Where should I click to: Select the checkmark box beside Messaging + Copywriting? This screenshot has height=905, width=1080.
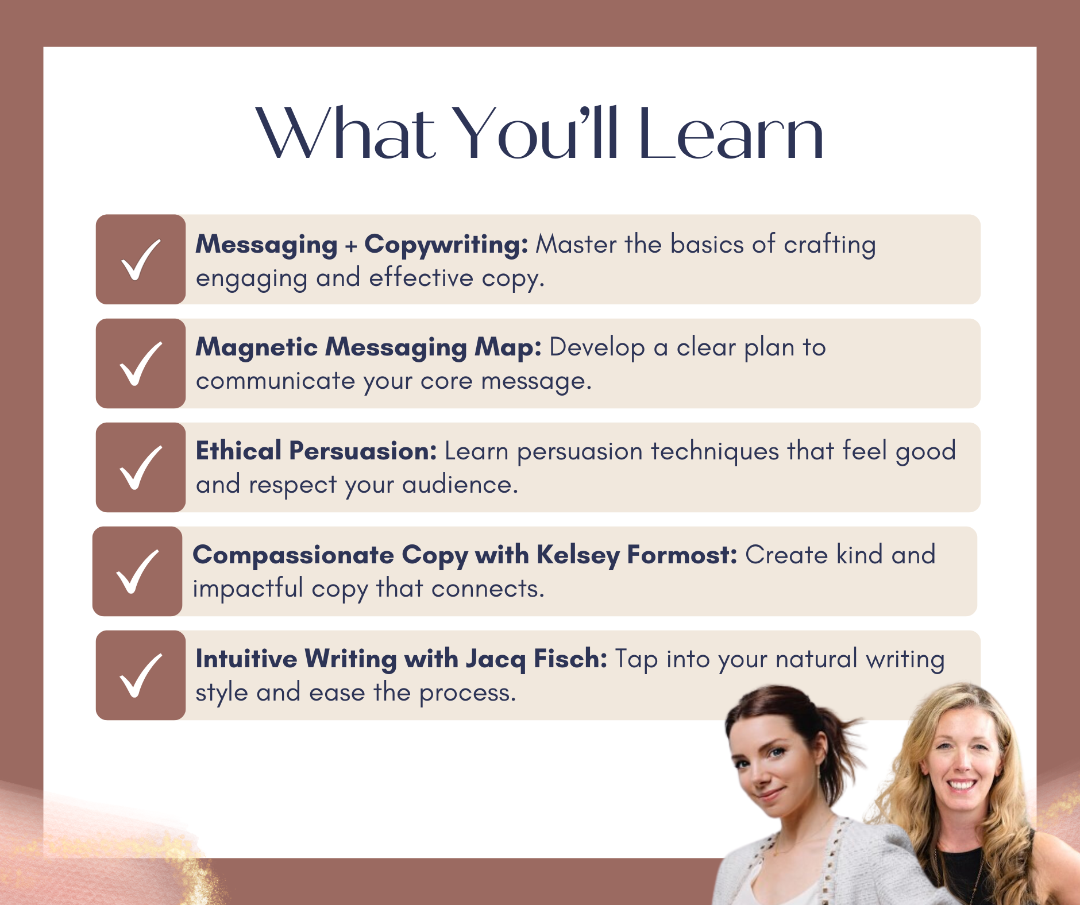coord(141,260)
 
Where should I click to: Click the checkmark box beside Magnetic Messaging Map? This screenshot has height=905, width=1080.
coord(141,363)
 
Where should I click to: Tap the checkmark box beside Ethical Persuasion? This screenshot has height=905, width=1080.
coord(141,467)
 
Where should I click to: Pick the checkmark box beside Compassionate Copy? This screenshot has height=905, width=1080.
coord(137,571)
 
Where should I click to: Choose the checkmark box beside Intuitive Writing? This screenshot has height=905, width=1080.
coord(141,675)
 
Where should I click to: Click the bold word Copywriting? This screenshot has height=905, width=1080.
coord(446,245)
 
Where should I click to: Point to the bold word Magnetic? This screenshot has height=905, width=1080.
coord(257,348)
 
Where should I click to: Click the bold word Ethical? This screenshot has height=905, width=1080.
coord(238,451)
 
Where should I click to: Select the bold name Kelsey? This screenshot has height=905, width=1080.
coord(578,556)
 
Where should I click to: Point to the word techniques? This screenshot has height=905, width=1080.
coord(715,452)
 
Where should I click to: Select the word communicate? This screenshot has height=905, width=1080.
coord(275,381)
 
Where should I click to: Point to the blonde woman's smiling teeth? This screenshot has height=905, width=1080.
coord(961,784)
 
